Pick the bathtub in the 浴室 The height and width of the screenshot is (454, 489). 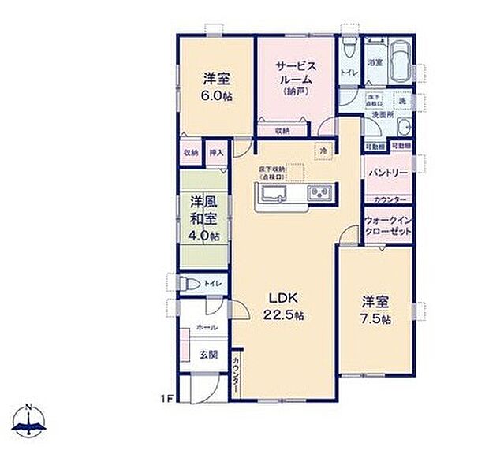[396, 60]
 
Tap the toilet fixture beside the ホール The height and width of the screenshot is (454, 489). [191, 283]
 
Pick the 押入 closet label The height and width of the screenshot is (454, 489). [216, 152]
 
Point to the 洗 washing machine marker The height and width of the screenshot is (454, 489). [401, 102]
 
